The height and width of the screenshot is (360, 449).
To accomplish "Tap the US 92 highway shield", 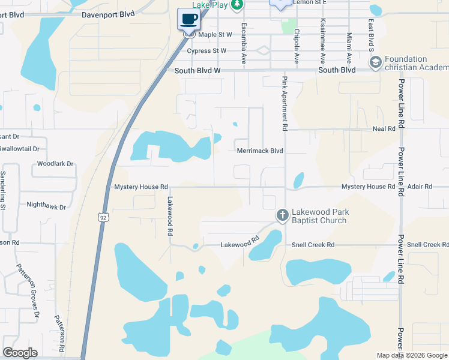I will tap(104, 217).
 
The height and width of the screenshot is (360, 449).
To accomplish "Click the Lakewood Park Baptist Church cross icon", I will tap(283, 214).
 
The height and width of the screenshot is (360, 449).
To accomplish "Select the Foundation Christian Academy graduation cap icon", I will tap(376, 62).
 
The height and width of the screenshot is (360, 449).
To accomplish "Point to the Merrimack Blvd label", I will tap(259, 151).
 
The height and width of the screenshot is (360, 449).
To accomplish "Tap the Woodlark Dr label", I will tap(55, 163).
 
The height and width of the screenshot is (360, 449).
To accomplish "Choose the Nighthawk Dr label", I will tap(46, 205).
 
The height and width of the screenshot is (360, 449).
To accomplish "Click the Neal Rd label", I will tap(384, 128).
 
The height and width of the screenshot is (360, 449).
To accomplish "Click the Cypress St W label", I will tap(206, 51).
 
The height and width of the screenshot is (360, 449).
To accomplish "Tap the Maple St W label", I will tap(215, 35).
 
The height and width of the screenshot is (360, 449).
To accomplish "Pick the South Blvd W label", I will tap(198, 71).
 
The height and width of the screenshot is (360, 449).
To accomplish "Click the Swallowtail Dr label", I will tap(19, 148).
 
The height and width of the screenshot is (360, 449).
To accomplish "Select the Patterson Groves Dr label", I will tap(27, 290).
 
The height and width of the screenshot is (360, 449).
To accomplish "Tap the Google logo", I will tap(20, 353).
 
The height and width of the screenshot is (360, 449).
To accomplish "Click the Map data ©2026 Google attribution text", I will tap(411, 355).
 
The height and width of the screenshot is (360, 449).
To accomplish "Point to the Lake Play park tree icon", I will tap(238, 5).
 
